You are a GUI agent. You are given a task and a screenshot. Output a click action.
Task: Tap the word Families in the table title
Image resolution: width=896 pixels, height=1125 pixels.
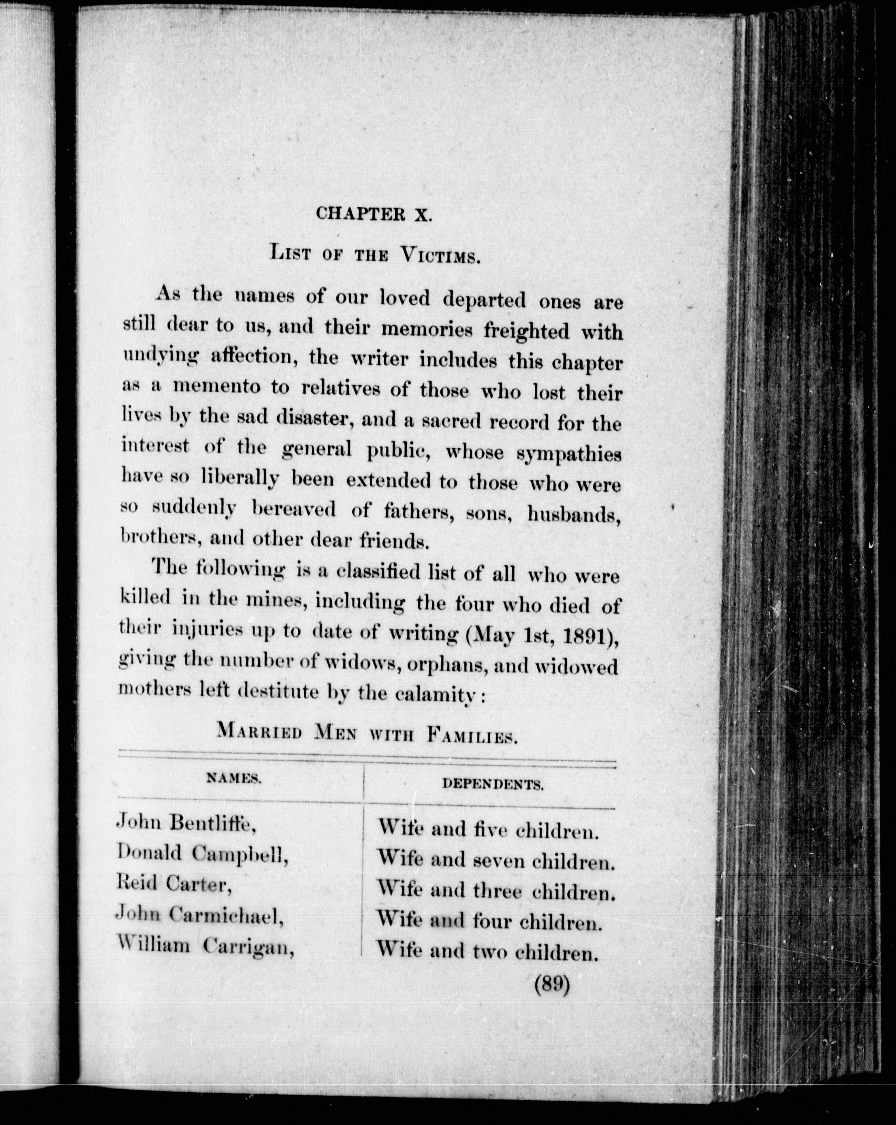(x=471, y=736)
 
